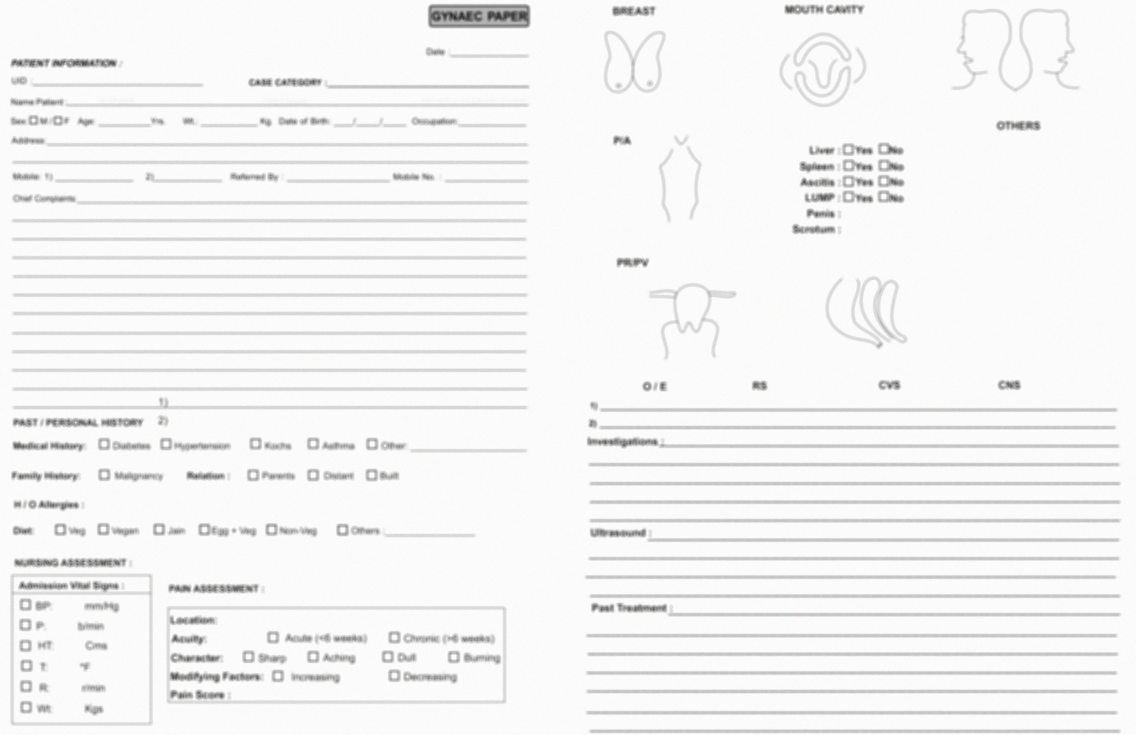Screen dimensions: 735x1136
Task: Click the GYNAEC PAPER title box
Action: tap(479, 17)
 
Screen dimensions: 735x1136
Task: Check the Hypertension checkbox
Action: tap(165, 444)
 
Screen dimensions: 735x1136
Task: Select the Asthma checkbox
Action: tap(313, 444)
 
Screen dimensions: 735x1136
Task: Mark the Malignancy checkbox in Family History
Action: tap(104, 475)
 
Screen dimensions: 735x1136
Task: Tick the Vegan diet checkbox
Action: tap(103, 529)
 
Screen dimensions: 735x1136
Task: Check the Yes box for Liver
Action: tap(848, 149)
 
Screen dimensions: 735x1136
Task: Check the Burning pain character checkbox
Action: tap(454, 657)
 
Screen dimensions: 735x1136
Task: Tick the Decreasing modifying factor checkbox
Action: tap(394, 676)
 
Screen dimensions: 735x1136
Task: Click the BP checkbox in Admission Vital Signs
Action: tap(25, 605)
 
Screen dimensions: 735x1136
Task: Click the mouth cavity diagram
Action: tap(823, 69)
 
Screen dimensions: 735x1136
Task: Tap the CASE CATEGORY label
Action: tap(285, 83)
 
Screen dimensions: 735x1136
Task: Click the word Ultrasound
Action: tap(618, 533)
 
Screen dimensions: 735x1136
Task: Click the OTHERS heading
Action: tap(1018, 126)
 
